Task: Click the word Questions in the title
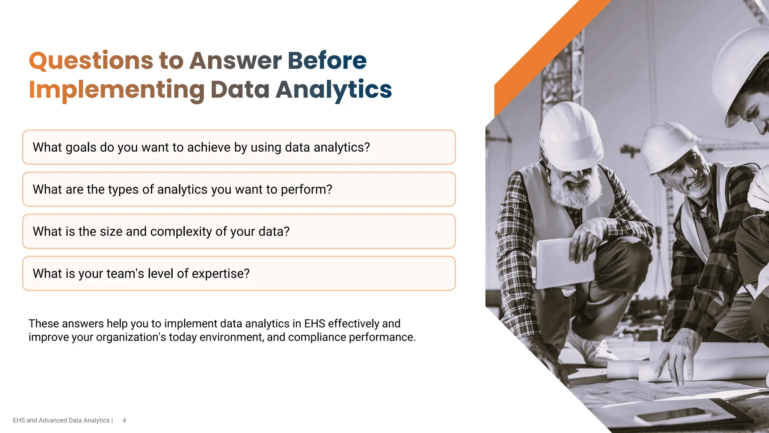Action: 91,61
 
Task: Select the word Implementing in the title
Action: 116,90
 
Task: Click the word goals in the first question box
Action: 81,147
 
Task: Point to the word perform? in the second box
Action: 306,189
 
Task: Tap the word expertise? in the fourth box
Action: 220,274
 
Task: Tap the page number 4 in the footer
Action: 124,420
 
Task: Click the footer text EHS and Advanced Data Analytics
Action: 61,420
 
